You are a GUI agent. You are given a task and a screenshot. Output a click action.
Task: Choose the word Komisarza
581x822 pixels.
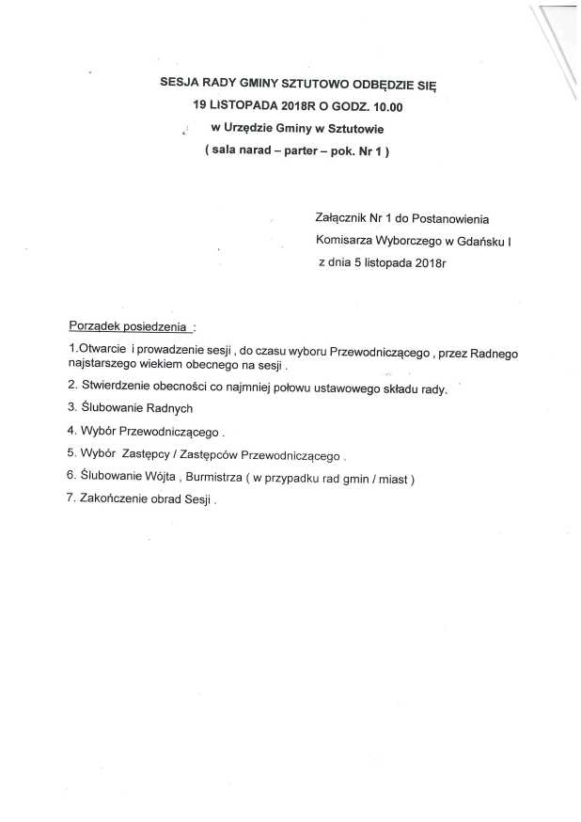(347, 242)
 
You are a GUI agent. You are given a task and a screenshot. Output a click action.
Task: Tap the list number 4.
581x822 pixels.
(71, 432)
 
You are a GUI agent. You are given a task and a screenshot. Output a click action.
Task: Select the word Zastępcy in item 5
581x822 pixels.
(149, 454)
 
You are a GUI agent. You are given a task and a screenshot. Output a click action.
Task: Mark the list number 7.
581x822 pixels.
(71, 500)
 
